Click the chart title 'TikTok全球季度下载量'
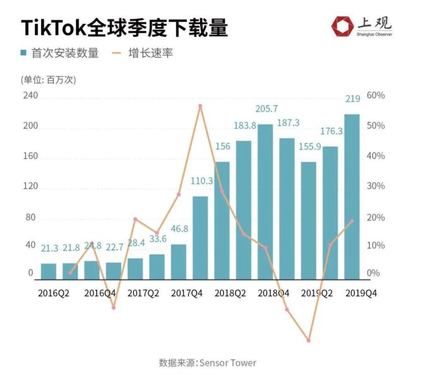click(124, 28)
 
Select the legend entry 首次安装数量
click(59, 54)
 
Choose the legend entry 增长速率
click(147, 54)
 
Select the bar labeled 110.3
click(200, 238)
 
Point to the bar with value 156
click(222, 221)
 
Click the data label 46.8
click(179, 230)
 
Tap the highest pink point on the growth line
click(200, 106)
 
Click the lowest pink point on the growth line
click(309, 340)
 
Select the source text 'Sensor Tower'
click(229, 363)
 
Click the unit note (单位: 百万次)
click(49, 80)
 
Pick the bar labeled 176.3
click(330, 213)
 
